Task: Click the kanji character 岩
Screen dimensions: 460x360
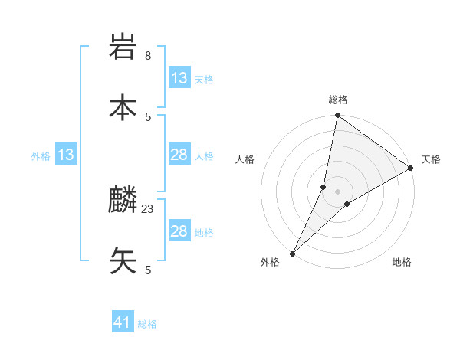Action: pos(123,48)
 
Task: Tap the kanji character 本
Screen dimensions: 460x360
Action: pos(123,107)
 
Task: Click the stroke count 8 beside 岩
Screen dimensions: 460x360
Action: pos(148,56)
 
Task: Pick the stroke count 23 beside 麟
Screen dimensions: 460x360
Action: pos(148,208)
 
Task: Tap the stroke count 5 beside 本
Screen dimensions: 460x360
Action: pos(148,116)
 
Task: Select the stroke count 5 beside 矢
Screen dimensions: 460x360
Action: pos(148,270)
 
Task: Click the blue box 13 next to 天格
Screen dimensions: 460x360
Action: pos(179,78)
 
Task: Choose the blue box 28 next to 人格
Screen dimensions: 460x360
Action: pos(179,155)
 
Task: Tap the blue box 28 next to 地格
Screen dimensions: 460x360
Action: pos(179,231)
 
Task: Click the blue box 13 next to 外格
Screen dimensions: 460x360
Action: pos(66,155)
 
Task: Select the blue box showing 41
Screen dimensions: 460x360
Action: pos(123,323)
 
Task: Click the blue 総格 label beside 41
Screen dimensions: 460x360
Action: pos(147,324)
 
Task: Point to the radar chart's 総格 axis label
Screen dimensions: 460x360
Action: pos(338,100)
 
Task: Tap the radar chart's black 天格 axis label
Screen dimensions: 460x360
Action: pos(431,159)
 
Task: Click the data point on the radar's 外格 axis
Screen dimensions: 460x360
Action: pos(292,253)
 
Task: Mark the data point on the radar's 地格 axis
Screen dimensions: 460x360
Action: pos(347,203)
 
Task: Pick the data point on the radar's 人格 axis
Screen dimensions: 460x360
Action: pos(324,187)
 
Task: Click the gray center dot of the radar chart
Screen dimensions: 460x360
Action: pos(338,191)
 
